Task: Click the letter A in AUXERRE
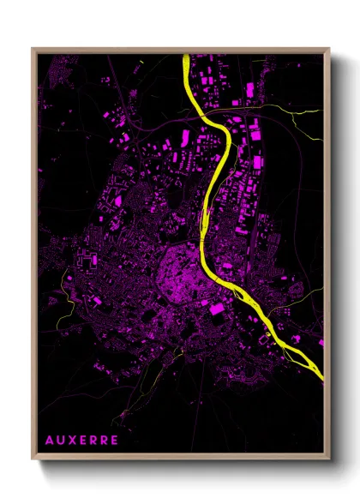pyautogui.click(x=50, y=439)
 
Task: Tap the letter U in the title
pyautogui.click(x=62, y=439)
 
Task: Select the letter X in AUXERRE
pyautogui.click(x=74, y=439)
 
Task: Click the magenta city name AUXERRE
pyautogui.click(x=84, y=439)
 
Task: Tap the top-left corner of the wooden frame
pyautogui.click(x=33, y=49)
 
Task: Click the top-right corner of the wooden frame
pyautogui.click(x=329, y=49)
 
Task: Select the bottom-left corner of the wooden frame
pyautogui.click(x=33, y=461)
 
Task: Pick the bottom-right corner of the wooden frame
pyautogui.click(x=329, y=461)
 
